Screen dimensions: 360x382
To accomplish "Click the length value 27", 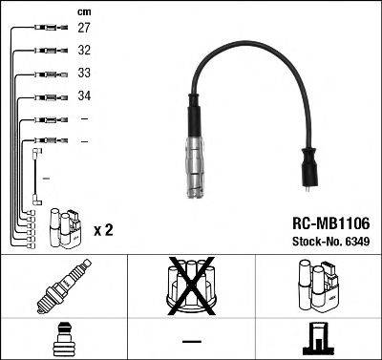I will point(84,30).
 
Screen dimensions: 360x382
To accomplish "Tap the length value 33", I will point(84,74).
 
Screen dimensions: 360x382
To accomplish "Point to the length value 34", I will point(84,96).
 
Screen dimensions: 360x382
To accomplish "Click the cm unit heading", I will point(83,11).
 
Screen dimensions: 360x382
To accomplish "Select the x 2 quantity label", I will point(103,230).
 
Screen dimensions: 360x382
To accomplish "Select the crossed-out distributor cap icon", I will point(190,284).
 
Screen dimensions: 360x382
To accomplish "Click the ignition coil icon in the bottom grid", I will point(316,284).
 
